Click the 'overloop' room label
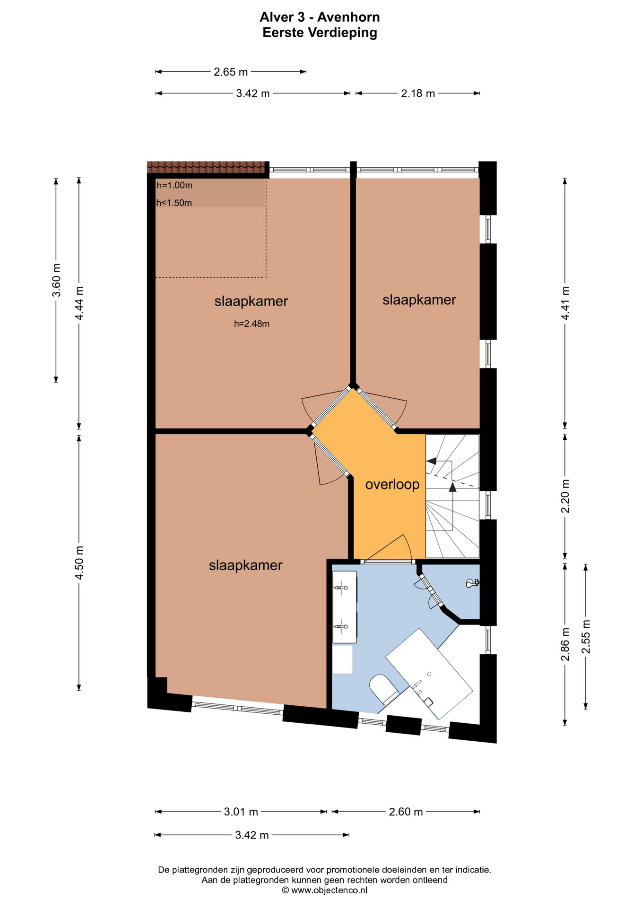pyautogui.click(x=392, y=485)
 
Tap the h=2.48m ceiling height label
pyautogui.click(x=252, y=324)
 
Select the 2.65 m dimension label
pyautogui.click(x=231, y=72)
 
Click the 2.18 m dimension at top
pyautogui.click(x=418, y=94)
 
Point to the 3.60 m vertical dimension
pyautogui.click(x=56, y=280)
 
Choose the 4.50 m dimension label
pyautogui.click(x=79, y=563)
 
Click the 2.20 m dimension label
pyautogui.click(x=565, y=496)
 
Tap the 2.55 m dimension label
pyautogui.click(x=586, y=636)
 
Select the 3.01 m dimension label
pyautogui.click(x=241, y=812)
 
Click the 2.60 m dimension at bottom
pyautogui.click(x=406, y=812)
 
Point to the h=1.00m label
pyautogui.click(x=174, y=186)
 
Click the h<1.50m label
pyautogui.click(x=174, y=203)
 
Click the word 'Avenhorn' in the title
pyautogui.click(x=348, y=17)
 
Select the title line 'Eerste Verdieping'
pyautogui.click(x=320, y=33)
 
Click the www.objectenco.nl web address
pyautogui.click(x=329, y=890)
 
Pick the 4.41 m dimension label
pyautogui.click(x=565, y=303)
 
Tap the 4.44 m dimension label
pyautogui.click(x=79, y=303)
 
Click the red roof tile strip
pyautogui.click(x=206, y=167)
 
